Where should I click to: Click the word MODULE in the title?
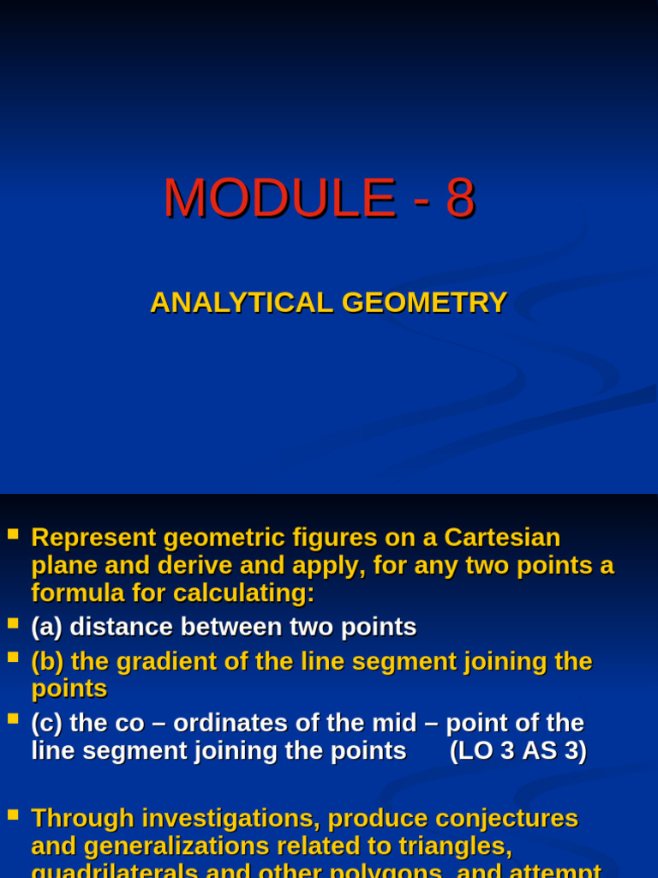pos(279,198)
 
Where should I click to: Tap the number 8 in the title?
pos(459,198)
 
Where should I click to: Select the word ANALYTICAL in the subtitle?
pos(241,303)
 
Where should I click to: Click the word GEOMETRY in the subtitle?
pos(424,303)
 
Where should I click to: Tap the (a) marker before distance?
pos(46,627)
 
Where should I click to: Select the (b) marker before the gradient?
pos(47,661)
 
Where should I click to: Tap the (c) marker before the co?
pos(46,723)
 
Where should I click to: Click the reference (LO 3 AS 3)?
pos(518,750)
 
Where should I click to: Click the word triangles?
pos(456,846)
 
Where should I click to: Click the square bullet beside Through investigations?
pos(13,814)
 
